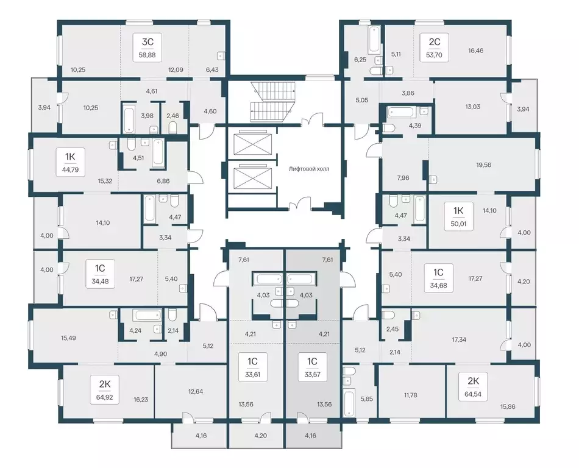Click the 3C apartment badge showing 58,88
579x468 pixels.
point(147,48)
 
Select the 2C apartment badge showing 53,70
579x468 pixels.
point(434,48)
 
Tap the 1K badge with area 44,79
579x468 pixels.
point(70,162)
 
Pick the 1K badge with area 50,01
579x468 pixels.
point(458,217)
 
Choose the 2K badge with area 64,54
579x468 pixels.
point(473,386)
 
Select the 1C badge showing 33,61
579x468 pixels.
point(252,367)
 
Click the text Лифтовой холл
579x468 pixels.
point(309,169)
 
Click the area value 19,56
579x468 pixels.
point(484,165)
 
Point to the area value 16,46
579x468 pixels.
point(476,51)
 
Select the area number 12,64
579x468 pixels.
point(196,391)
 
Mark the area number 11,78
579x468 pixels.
point(410,395)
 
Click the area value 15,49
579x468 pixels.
point(68,338)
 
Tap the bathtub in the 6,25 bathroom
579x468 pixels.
point(374,39)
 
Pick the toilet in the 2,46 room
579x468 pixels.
point(173,128)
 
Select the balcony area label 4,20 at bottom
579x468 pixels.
point(261,436)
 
